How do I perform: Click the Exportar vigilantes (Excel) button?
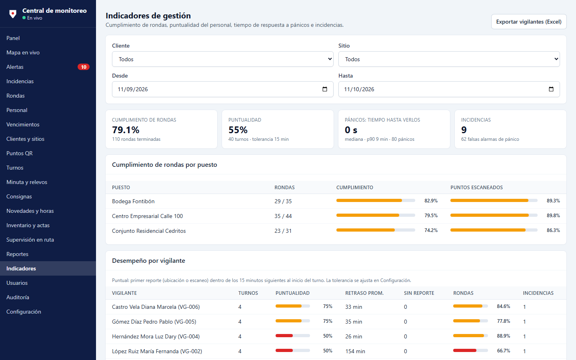(529, 22)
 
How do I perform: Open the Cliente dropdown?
(223, 59)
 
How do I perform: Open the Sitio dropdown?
(449, 59)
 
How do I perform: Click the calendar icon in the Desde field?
(325, 89)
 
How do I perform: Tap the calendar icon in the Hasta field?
(551, 89)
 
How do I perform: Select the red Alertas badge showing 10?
(84, 67)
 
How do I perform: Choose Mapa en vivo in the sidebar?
(23, 52)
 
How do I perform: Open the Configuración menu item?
(24, 312)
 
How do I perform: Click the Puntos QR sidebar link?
(20, 153)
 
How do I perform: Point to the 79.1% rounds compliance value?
(126, 130)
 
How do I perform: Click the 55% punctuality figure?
(238, 130)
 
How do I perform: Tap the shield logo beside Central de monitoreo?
(13, 14)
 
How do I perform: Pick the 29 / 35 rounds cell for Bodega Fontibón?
(283, 201)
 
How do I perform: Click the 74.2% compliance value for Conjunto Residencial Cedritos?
(431, 230)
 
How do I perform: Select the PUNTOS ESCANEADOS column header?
(476, 188)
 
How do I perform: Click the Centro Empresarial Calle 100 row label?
(147, 216)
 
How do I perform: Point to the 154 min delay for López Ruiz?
(355, 351)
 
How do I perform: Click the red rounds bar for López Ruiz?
(465, 350)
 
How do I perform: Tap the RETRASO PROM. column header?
(364, 293)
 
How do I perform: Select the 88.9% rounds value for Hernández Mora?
(504, 336)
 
